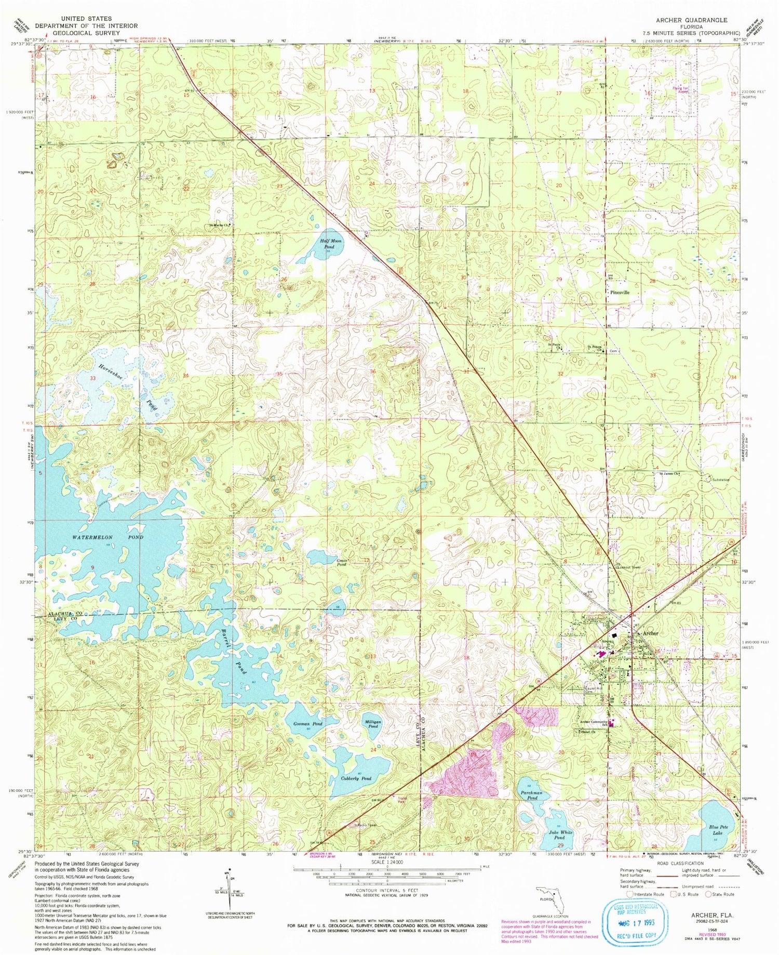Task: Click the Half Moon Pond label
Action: (x=333, y=244)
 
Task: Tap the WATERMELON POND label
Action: (x=108, y=537)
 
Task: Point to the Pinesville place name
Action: (x=620, y=293)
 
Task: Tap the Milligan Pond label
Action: (x=373, y=724)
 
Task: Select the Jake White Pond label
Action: (x=559, y=834)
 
